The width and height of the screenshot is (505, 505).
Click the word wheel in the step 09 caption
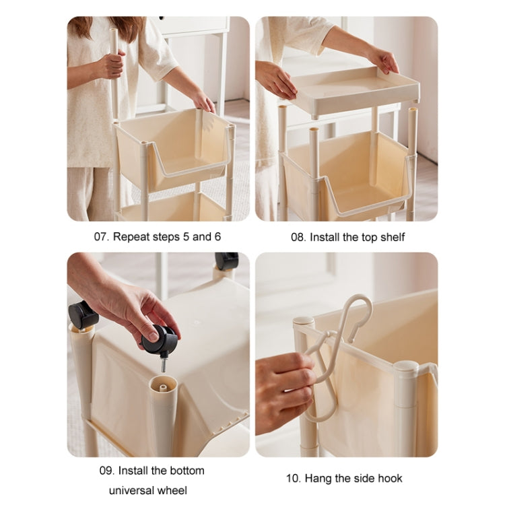click(x=174, y=490)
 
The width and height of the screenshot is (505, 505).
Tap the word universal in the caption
click(x=133, y=490)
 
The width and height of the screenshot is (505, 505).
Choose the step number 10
click(x=294, y=479)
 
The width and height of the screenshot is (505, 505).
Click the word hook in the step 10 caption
click(x=391, y=479)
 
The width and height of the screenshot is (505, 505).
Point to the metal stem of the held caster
click(x=164, y=363)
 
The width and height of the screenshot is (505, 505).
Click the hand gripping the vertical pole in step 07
click(x=111, y=64)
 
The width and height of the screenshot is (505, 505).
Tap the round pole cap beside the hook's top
click(x=304, y=321)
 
